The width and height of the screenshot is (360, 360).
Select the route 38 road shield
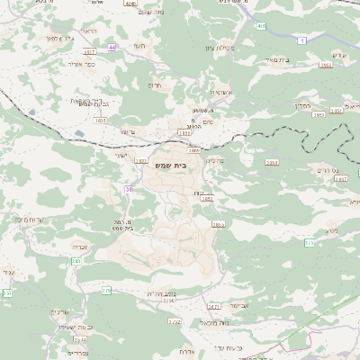[x=130, y=189]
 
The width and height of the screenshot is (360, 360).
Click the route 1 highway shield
[x=302, y=41]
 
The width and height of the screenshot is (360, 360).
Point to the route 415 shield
[x=260, y=27]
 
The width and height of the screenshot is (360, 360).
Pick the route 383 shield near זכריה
[x=76, y=260]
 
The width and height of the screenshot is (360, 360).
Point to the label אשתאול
[x=221, y=92]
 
